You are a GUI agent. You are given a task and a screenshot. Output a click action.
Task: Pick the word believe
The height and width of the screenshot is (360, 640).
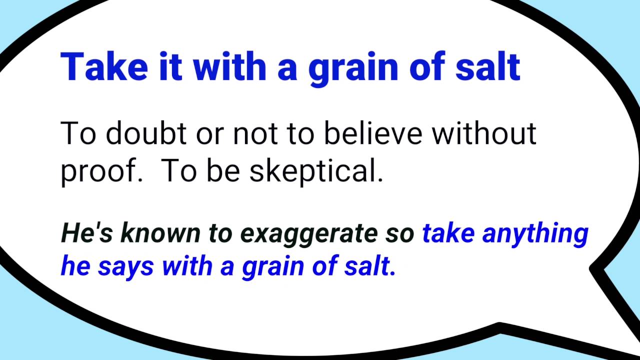(373, 133)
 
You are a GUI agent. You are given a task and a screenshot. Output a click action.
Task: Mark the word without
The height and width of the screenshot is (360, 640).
(484, 133)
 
